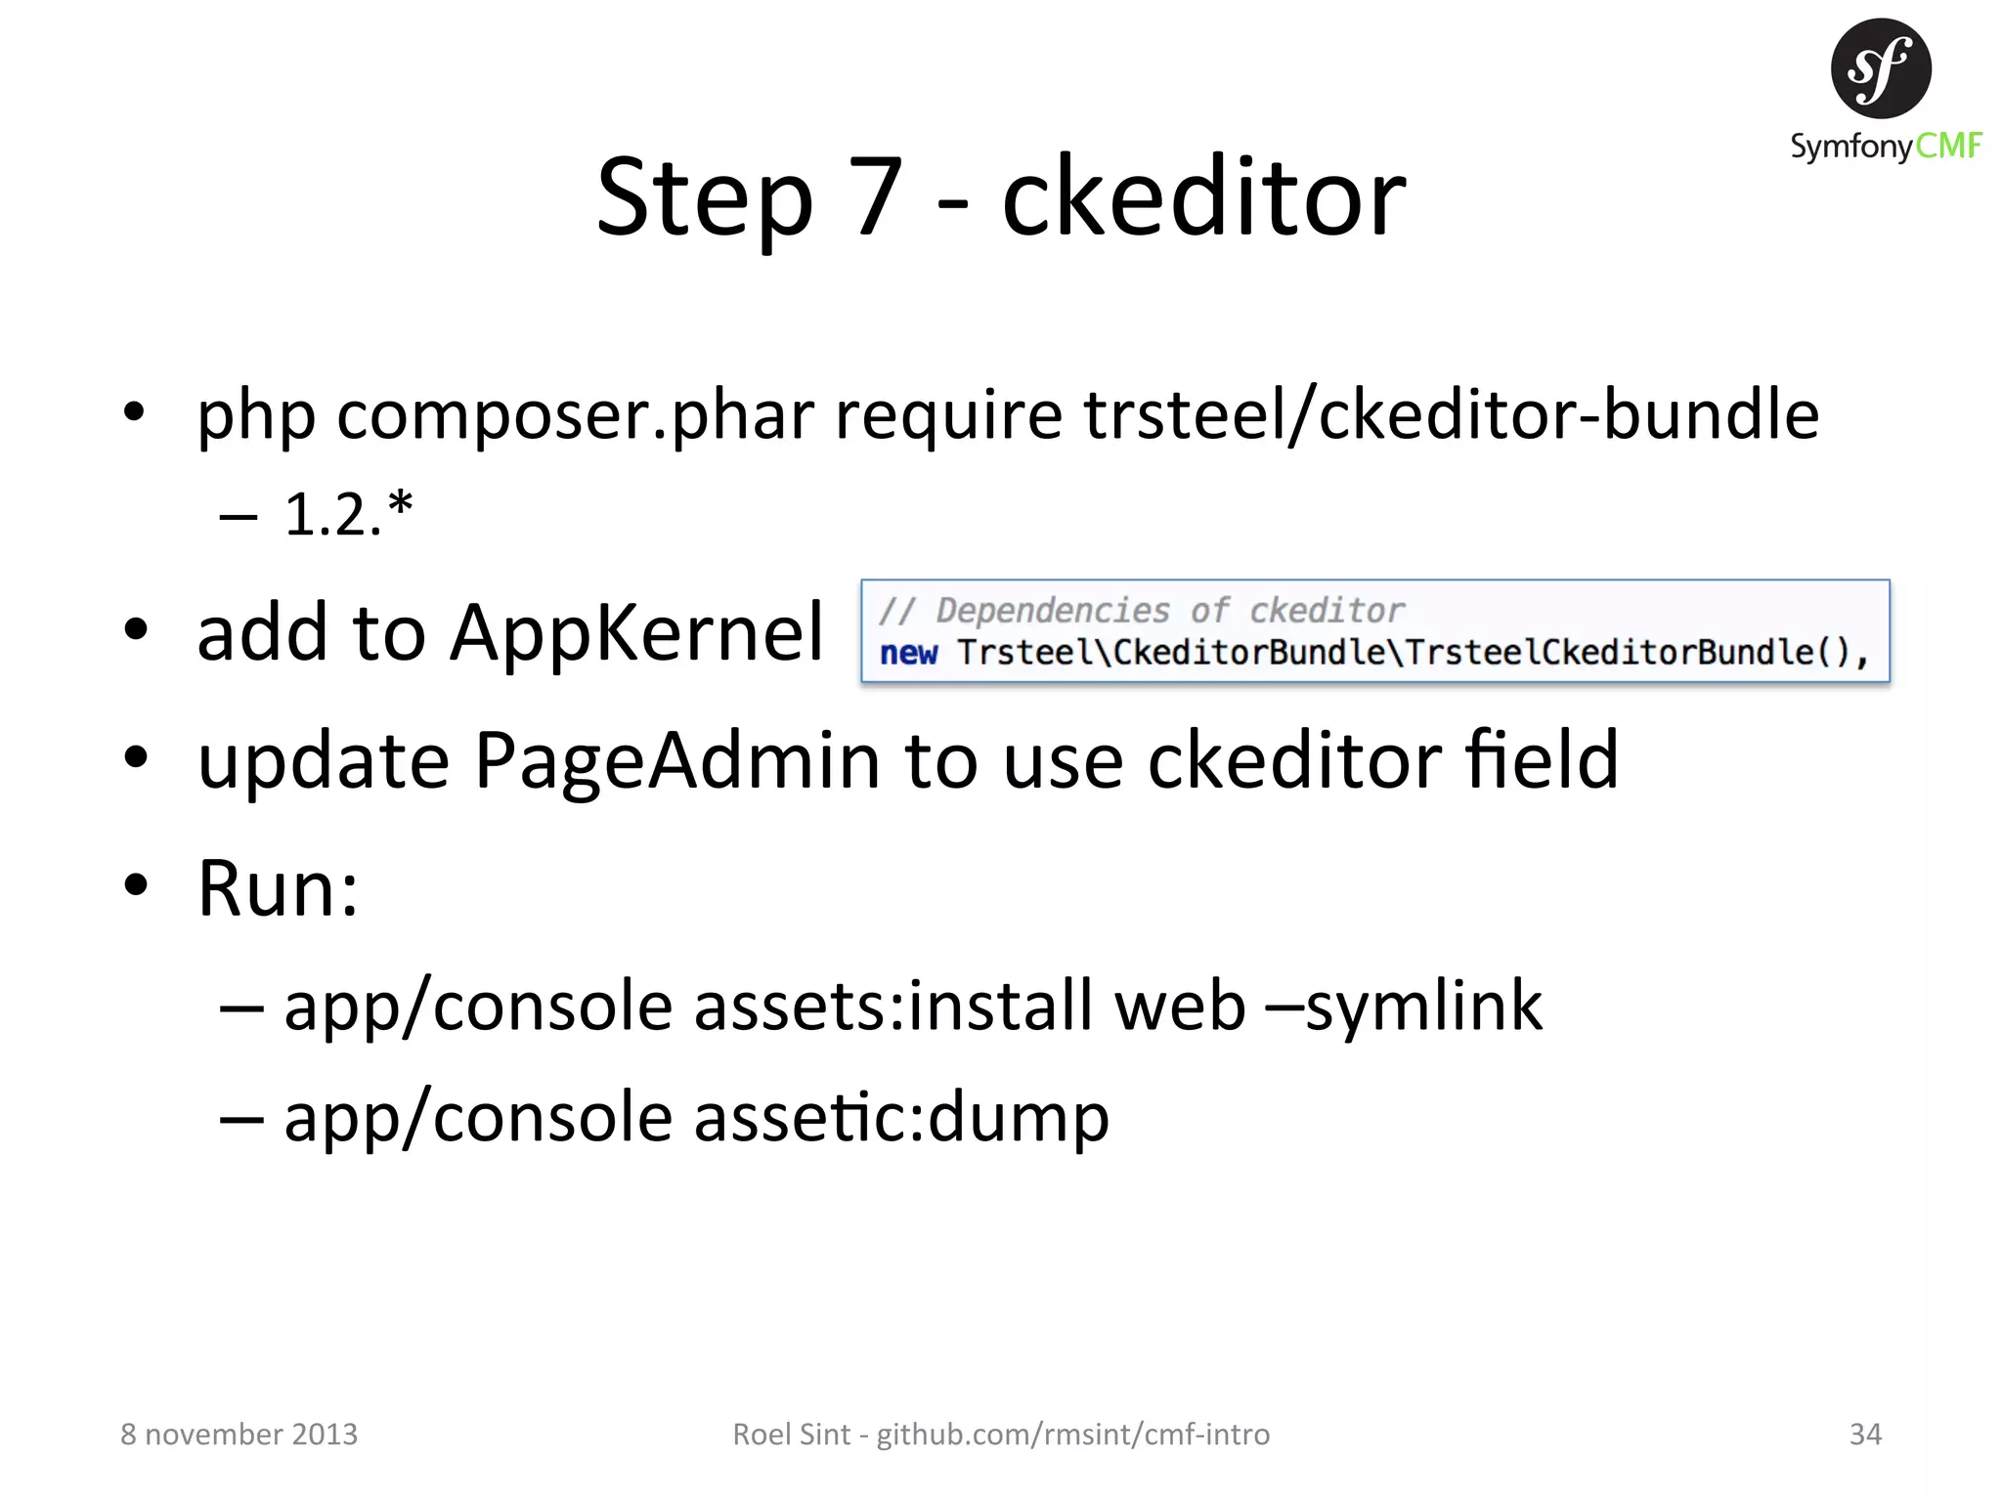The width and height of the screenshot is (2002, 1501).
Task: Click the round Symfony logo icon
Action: [x=1880, y=68]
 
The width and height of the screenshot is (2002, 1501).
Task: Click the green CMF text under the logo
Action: [x=1947, y=147]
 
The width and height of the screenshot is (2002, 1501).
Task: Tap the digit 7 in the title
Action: [x=877, y=198]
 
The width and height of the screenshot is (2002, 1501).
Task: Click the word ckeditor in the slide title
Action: [x=1203, y=198]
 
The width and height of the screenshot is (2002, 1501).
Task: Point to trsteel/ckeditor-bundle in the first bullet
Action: [x=1451, y=415]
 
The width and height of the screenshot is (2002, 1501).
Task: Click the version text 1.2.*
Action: [x=348, y=514]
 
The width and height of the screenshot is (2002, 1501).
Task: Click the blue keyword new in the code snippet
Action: [x=908, y=653]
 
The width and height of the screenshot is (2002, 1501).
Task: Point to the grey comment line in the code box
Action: [x=1141, y=611]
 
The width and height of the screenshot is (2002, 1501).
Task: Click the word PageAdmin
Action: [x=676, y=760]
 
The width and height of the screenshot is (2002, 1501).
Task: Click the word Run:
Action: [x=278, y=888]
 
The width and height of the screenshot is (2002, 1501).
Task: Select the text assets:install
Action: [x=893, y=1006]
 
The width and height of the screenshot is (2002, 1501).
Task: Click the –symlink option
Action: [x=1404, y=1006]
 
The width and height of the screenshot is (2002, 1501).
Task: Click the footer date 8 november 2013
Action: [x=239, y=1434]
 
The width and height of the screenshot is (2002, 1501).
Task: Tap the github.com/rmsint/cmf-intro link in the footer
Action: [x=1072, y=1434]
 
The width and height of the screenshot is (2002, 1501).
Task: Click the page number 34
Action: [x=1865, y=1434]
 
